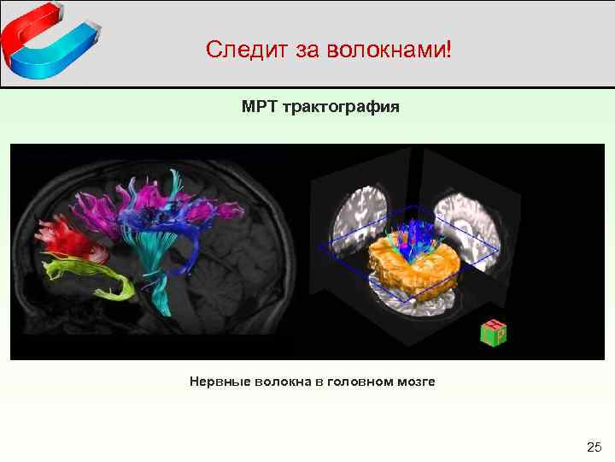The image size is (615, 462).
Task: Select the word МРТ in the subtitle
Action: [x=258, y=109]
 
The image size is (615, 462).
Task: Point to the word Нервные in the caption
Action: [x=220, y=382]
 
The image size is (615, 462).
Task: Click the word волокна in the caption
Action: [x=283, y=382]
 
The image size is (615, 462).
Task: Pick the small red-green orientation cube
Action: [x=493, y=333]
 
